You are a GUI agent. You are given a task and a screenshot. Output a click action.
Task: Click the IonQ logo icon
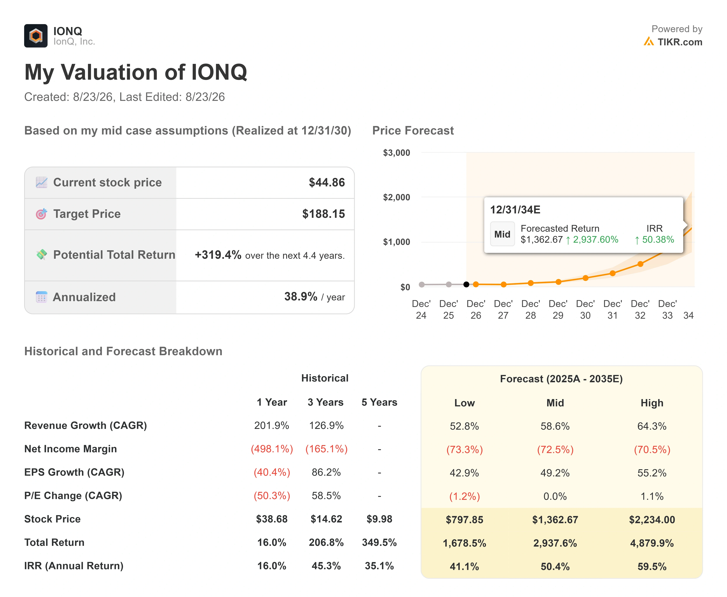coord(36,36)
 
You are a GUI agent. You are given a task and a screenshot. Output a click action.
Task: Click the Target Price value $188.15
coord(324,214)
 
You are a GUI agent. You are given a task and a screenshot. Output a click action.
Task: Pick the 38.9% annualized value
coord(301,296)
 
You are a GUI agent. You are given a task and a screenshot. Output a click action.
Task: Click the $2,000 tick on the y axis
coord(397,197)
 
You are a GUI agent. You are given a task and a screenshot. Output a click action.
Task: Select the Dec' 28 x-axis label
coord(530,309)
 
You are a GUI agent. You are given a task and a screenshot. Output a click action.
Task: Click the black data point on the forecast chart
coord(466,284)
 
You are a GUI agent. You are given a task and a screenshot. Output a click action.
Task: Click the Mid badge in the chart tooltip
coord(502,234)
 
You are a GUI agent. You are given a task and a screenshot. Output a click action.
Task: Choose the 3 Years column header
coord(325,402)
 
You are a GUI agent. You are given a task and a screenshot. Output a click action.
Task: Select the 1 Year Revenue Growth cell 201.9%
coord(272,426)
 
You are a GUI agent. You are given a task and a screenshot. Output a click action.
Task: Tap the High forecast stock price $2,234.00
coord(652,520)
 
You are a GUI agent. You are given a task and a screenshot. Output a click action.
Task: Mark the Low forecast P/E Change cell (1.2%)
coord(464,496)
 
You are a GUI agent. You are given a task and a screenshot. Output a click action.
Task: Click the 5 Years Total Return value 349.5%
coord(379,543)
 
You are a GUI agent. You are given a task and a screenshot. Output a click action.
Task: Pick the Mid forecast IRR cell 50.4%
coord(555,566)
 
